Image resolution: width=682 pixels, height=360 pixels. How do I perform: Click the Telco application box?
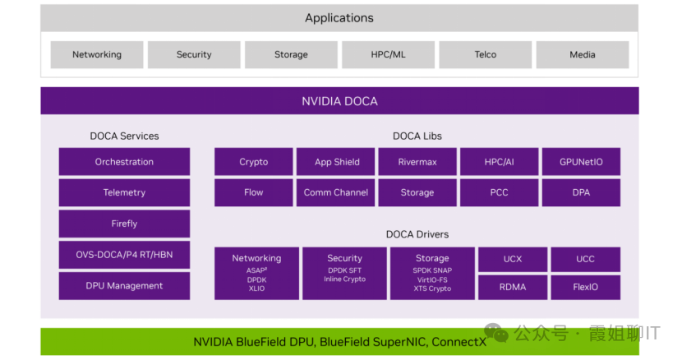coord(485,55)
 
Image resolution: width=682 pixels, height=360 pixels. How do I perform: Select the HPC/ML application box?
coord(388,55)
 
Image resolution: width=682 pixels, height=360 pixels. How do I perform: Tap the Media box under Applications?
coord(582,55)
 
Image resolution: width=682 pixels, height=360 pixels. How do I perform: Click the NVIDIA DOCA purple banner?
coord(339,101)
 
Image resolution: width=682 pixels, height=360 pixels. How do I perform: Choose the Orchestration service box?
coord(124,162)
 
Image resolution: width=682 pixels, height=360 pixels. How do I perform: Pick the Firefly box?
coord(124,224)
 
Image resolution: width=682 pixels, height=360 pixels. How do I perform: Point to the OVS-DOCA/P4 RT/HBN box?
coord(124,255)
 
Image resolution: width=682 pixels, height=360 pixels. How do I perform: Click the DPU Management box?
coord(124,286)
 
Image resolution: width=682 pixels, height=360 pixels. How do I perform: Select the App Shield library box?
coord(336,162)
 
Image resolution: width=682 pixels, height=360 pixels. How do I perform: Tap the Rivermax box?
coord(417,162)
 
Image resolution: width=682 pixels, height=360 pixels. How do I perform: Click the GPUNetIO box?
coord(581,162)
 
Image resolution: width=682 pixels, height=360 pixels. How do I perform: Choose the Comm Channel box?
coord(336,192)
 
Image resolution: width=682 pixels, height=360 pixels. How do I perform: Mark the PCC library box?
coord(499,192)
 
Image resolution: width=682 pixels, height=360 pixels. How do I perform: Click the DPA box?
coord(581,192)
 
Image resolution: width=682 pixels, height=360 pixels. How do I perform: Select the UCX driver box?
coord(513,259)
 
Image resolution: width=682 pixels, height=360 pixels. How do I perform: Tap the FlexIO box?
coord(585,287)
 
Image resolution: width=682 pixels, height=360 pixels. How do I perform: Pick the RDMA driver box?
coord(513,287)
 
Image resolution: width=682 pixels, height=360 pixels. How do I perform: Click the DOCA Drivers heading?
coord(417,234)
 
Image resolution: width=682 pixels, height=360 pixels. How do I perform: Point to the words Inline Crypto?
coord(344,279)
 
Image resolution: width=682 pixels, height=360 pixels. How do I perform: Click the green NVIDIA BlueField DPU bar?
coord(339,342)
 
